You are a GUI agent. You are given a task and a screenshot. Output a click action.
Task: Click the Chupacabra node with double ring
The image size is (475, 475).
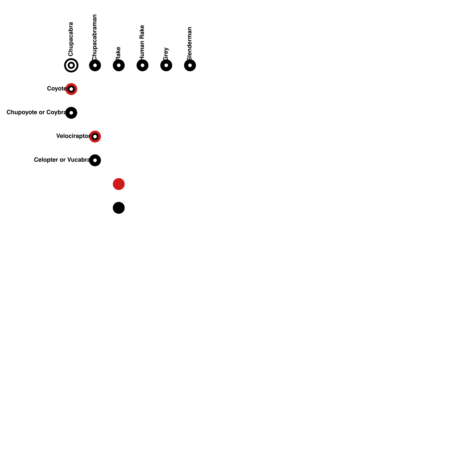[71, 65]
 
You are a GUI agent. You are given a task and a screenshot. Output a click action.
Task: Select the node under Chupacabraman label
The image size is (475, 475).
[95, 65]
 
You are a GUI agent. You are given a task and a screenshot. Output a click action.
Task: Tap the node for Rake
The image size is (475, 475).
[119, 65]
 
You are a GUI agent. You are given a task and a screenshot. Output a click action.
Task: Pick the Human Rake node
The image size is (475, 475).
[142, 65]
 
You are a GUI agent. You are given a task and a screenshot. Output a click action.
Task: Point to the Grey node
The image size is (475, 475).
[166, 65]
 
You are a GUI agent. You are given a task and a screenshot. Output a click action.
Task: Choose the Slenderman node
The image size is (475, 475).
[190, 65]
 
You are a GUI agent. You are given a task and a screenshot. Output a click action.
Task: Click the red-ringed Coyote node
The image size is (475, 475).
[71, 89]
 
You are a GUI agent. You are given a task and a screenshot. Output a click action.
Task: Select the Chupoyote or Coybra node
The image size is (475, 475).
[71, 113]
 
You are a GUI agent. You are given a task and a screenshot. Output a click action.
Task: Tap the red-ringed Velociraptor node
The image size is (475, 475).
[95, 137]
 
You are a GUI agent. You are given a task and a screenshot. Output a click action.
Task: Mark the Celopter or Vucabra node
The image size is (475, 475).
[95, 160]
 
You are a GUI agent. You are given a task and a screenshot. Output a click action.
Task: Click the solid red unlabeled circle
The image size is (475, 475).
[119, 184]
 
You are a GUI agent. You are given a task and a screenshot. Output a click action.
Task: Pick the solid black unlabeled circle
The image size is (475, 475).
[119, 208]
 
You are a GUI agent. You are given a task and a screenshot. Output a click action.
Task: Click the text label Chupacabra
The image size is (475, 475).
[71, 39]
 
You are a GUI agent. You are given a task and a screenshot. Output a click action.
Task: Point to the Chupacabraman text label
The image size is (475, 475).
[94, 37]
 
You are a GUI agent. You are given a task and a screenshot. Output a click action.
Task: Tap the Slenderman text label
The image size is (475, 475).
[189, 43]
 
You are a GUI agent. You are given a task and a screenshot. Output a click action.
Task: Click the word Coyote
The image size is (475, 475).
[56, 88]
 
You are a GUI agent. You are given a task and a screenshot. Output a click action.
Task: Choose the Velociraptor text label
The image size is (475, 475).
[73, 136]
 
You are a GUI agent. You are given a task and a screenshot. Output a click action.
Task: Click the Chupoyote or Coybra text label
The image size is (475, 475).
[36, 112]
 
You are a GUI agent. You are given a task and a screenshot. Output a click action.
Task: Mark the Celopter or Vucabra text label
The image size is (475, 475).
[62, 160]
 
